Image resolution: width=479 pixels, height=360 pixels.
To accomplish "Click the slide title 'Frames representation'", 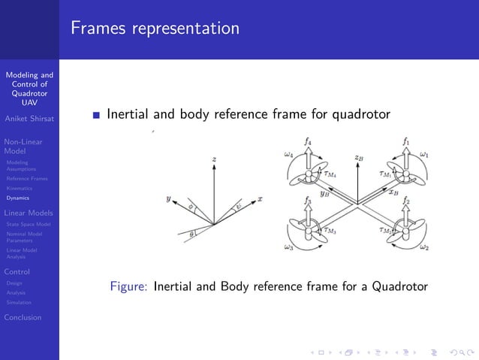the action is coord(155,29).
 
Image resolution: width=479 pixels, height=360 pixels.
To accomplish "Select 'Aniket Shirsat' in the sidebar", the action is coord(29,118).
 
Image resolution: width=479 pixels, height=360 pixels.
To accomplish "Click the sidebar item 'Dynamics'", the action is coord(17,198).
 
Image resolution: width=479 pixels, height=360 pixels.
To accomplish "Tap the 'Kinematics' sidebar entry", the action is coord(19,188).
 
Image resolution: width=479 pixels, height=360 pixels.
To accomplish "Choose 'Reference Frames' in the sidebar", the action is coord(26,178).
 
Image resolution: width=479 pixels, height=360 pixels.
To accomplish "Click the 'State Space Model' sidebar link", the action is coord(28,224).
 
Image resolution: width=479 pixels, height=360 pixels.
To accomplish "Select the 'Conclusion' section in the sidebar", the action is coord(23,317).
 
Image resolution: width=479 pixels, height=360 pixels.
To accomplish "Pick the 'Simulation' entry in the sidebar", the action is coord(19,302).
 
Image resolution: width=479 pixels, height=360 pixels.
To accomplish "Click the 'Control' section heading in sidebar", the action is coord(17,271).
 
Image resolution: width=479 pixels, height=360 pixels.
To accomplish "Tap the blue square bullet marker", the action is coord(95,116).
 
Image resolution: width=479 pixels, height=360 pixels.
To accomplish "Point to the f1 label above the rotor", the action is coord(406,140).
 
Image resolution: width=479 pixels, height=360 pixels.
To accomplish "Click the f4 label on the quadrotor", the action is coord(309,140).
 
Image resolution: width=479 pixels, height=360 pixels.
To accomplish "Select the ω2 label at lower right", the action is coord(424,247).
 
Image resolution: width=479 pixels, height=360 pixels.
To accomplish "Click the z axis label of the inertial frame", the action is coord(214,159).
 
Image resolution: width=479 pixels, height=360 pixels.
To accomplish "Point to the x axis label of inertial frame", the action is coord(260,199).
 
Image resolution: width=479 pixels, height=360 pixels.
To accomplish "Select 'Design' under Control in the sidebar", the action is coord(16,283).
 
